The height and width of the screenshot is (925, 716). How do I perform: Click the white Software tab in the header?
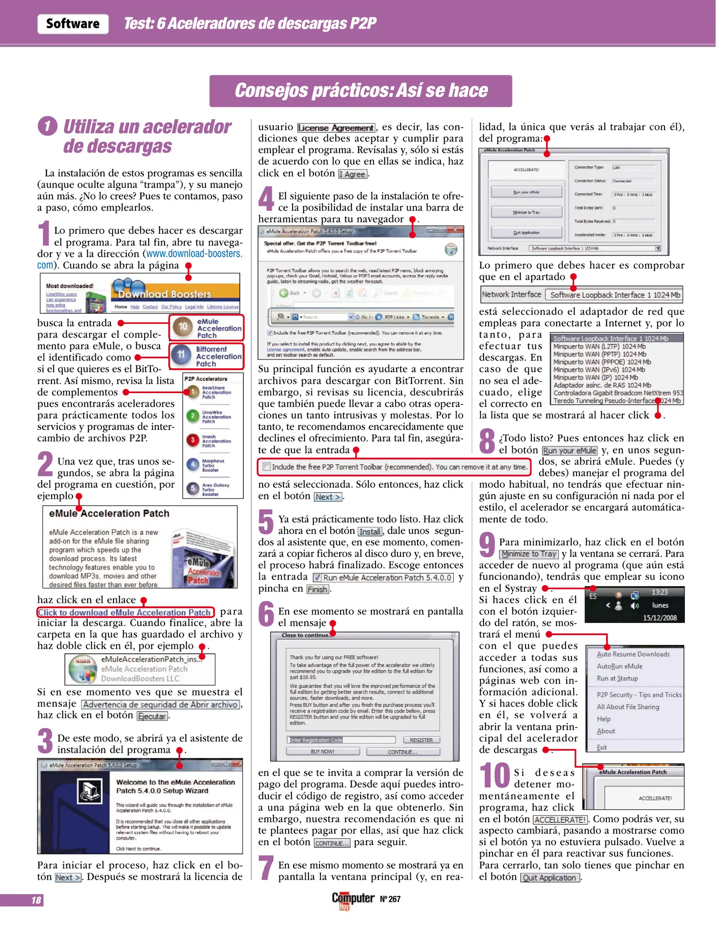pyautogui.click(x=73, y=24)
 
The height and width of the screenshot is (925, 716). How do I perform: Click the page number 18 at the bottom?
pyautogui.click(x=36, y=900)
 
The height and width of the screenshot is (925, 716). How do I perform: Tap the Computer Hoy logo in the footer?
pyautogui.click(x=353, y=899)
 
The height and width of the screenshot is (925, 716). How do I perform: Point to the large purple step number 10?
pyautogui.click(x=494, y=776)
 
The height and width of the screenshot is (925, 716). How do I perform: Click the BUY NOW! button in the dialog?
pyautogui.click(x=322, y=752)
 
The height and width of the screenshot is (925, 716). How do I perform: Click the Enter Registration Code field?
pyautogui.click(x=341, y=740)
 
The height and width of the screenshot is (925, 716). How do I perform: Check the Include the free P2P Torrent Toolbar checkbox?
pyautogui.click(x=267, y=467)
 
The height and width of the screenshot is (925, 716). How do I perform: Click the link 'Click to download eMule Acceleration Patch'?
pyautogui.click(x=125, y=613)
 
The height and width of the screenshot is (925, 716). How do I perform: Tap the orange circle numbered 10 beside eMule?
pyautogui.click(x=183, y=326)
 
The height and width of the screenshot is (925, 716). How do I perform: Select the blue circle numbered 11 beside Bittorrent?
pyautogui.click(x=181, y=355)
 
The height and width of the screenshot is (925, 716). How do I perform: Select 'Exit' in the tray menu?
pyautogui.click(x=602, y=747)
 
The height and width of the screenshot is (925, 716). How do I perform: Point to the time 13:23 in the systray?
pyautogui.click(x=660, y=592)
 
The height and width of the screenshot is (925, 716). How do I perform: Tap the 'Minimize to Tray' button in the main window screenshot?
pyautogui.click(x=526, y=212)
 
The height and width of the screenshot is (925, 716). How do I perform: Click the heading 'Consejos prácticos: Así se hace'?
pyautogui.click(x=360, y=91)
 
